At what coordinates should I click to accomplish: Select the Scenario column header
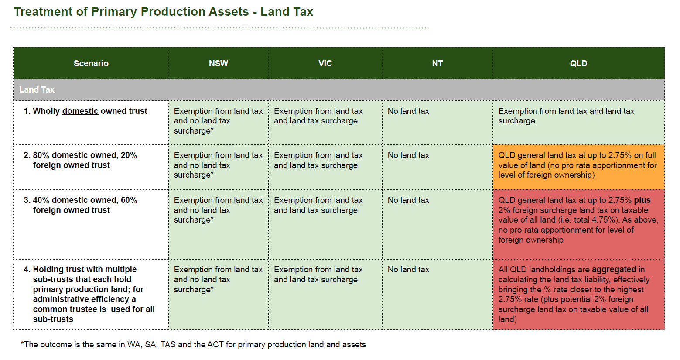pos(91,63)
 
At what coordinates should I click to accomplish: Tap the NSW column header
pos(219,63)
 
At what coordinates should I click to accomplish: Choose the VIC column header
pos(325,63)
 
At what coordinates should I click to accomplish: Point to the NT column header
pos(437,63)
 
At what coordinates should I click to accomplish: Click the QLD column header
pos(579,63)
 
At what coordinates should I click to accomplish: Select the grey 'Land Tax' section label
pos(37,89)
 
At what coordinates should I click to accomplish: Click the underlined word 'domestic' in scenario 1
pos(80,111)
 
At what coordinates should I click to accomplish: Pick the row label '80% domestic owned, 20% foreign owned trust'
pos(81,160)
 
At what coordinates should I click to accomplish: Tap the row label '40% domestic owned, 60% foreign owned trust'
pos(81,205)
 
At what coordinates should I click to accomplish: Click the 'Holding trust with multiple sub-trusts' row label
pos(89,294)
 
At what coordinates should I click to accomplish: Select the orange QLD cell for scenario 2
pos(579,167)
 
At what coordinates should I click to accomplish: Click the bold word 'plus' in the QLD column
pos(642,200)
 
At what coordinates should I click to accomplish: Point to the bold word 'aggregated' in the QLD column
pos(614,270)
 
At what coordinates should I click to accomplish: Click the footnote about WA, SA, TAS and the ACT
pos(193,344)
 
